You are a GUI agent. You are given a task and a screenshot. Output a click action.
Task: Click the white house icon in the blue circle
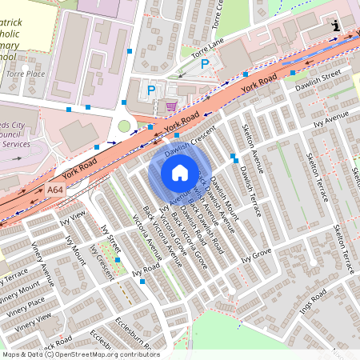(x=180, y=173)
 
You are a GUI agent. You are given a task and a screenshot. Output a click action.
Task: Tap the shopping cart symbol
(x=170, y=105)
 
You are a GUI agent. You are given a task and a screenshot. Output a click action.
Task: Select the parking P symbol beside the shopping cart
(x=150, y=90)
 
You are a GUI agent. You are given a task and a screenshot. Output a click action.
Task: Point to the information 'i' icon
(x=335, y=26)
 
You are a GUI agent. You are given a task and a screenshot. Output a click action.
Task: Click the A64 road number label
(x=55, y=190)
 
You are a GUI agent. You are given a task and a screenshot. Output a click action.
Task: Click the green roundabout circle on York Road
(x=124, y=126)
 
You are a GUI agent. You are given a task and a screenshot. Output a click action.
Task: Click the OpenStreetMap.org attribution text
(x=96, y=354)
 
